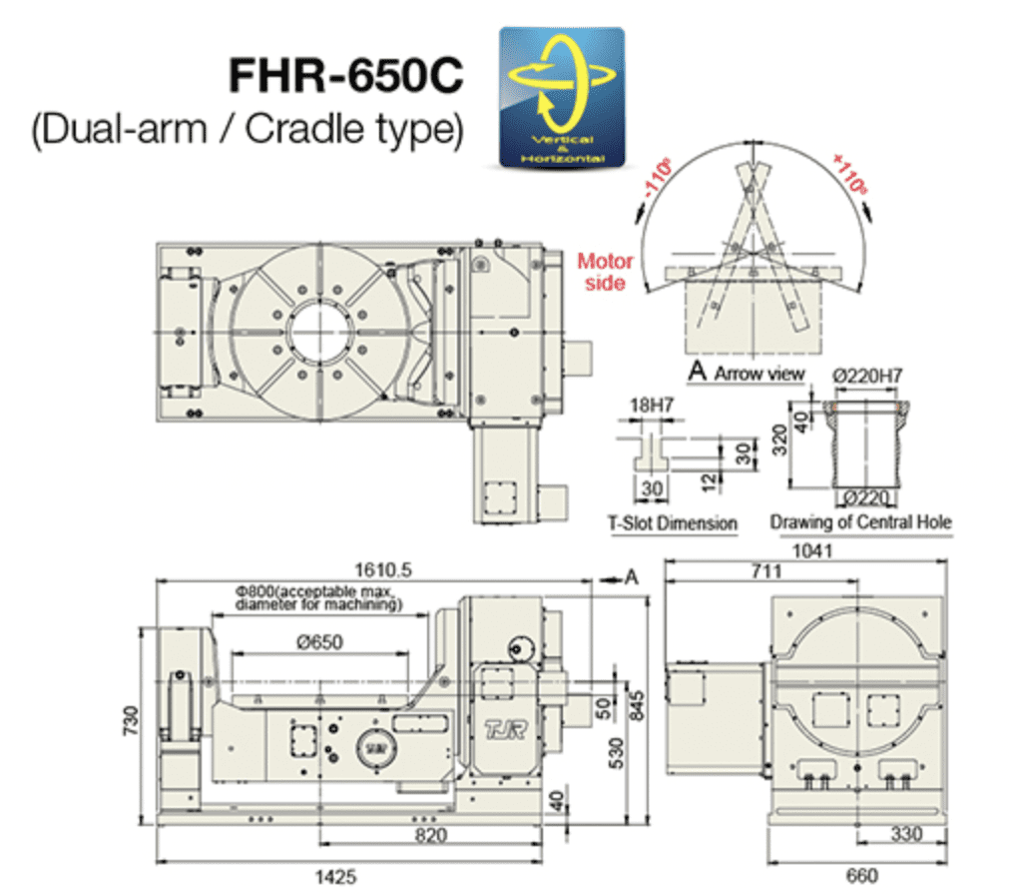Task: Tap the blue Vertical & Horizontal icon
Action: (561, 96)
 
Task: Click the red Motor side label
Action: (605, 272)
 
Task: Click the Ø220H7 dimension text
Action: (867, 375)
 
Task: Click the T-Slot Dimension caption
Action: (672, 522)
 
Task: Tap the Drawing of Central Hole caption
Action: (860, 522)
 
